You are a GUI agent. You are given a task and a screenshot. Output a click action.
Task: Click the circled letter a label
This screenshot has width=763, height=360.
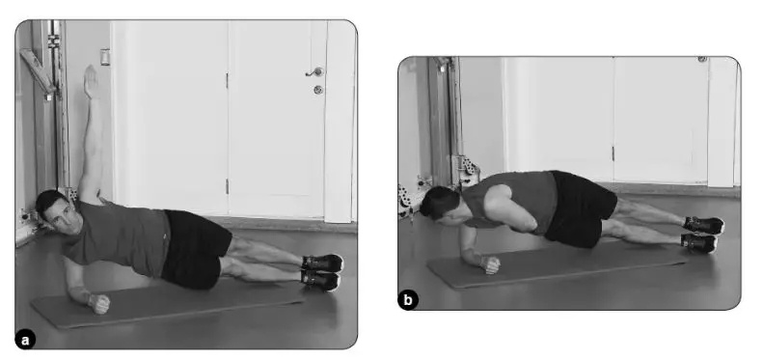pos(25,340)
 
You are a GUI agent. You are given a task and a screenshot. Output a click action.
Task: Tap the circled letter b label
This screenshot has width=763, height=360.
pos(408,300)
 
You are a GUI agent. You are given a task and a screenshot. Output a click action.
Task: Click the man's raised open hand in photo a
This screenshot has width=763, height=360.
pos(91,81)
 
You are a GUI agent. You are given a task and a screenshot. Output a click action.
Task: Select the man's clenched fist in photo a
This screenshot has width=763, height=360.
pos(99,303)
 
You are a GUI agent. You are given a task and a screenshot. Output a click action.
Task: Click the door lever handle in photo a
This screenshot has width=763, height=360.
pos(315,72)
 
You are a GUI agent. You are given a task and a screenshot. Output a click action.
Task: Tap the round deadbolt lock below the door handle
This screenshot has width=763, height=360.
pos(317,90)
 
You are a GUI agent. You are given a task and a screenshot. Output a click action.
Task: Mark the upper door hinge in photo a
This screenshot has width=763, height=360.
pos(227,80)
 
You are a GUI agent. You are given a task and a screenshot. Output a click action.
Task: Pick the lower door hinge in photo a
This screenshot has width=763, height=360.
pos(227,186)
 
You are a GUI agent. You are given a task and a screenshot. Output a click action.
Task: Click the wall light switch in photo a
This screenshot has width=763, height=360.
pos(105,57)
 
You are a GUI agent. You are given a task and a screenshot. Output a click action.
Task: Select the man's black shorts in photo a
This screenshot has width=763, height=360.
pos(196,247)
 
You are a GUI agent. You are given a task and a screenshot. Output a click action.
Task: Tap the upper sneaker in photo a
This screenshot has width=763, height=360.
pos(322,263)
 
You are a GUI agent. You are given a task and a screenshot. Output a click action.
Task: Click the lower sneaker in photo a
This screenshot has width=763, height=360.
pos(319,280)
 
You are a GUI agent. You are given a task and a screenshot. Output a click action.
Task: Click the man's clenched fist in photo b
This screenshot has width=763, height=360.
pos(489,264)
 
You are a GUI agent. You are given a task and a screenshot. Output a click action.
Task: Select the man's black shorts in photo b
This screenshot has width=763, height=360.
pos(579,208)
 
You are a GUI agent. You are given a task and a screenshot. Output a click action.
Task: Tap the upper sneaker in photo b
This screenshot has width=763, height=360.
pos(703,225)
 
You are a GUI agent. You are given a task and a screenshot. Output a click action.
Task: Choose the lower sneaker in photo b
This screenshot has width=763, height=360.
pos(698,242)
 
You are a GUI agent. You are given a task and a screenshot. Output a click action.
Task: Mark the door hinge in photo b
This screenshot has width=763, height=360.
pos(613,152)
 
